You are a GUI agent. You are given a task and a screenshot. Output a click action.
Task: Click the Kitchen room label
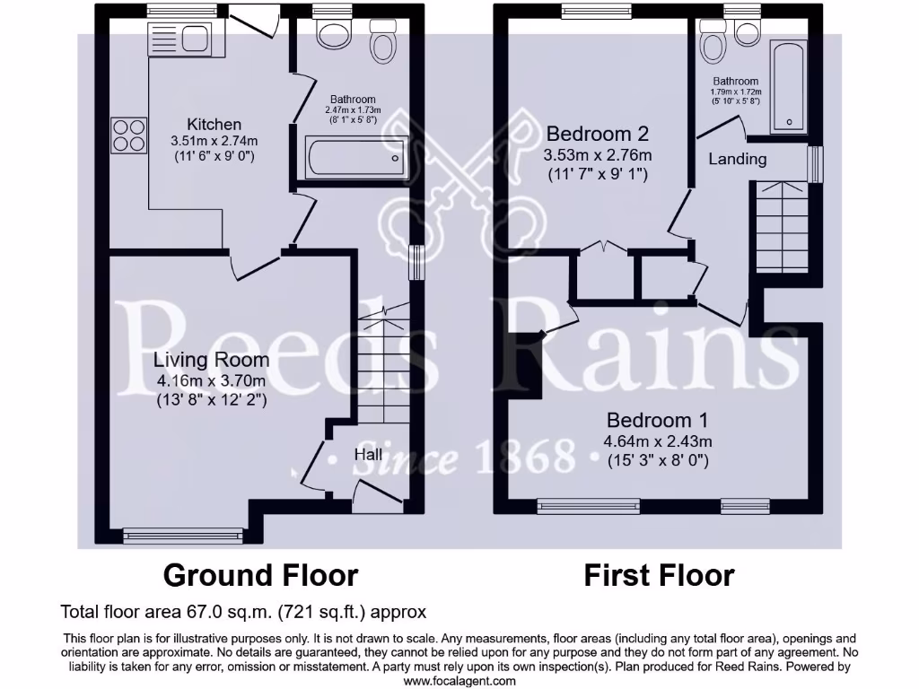pos(214,124)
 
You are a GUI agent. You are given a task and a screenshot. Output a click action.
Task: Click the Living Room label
pos(211,360)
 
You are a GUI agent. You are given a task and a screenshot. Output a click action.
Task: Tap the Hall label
pos(368,455)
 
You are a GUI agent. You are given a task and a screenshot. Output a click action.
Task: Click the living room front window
pos(183,536)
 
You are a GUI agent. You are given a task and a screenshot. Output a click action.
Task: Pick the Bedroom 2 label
pos(598,134)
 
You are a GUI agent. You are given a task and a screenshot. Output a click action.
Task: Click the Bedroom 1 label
pos(658,420)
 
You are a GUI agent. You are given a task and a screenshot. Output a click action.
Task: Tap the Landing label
pos(738,159)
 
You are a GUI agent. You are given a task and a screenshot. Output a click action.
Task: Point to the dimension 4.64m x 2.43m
pos(658,441)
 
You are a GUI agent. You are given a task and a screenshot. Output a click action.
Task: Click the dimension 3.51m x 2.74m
pos(214,141)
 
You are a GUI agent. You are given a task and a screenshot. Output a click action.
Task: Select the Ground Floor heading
pos(260,574)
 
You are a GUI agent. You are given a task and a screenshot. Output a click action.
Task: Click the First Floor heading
pos(659,574)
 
